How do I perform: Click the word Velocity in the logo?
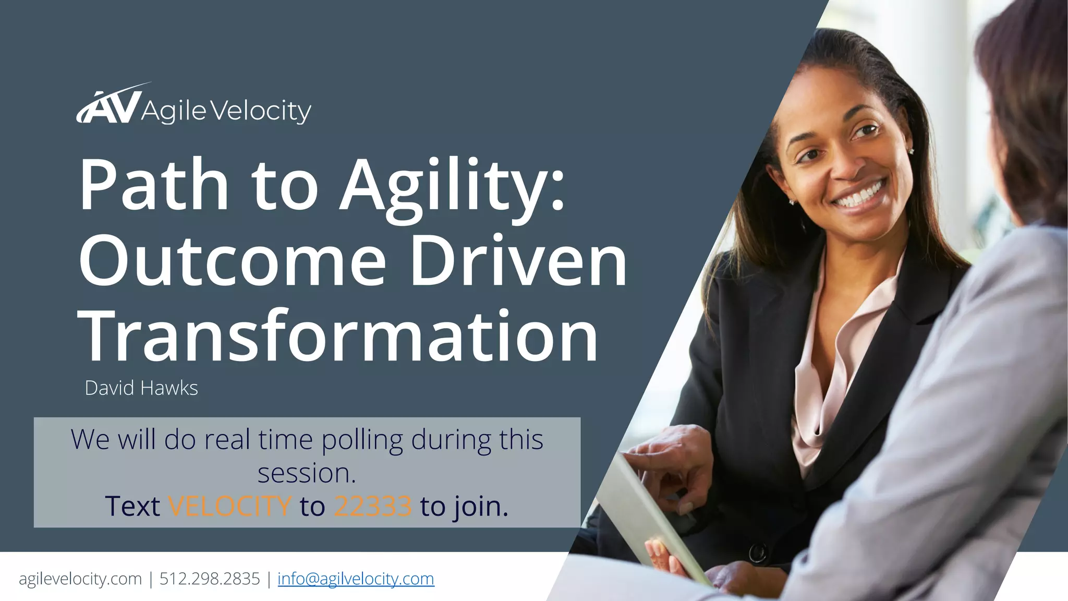262,111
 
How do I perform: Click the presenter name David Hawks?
141,388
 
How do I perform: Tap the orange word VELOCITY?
229,506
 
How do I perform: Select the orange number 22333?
373,506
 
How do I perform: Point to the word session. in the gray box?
307,473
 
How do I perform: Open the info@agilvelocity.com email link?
356,579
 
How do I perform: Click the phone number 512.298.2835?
210,579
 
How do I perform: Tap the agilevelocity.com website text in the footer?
80,579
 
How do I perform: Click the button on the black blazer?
757,552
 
